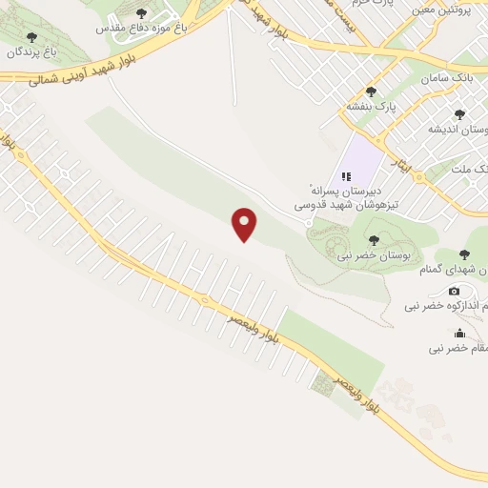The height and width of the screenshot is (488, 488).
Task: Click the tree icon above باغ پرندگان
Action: click(x=32, y=37)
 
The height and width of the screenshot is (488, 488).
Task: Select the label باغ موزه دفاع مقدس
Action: click(x=142, y=29)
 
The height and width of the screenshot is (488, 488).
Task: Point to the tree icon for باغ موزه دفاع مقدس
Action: click(x=142, y=13)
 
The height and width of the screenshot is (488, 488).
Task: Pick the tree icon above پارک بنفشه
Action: click(x=372, y=91)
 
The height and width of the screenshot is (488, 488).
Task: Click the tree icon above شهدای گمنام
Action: click(x=464, y=254)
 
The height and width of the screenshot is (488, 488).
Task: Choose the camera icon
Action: click(x=454, y=290)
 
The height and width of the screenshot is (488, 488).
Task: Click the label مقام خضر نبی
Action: click(x=457, y=349)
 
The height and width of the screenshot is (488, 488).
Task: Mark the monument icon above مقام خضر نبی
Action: click(x=460, y=333)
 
